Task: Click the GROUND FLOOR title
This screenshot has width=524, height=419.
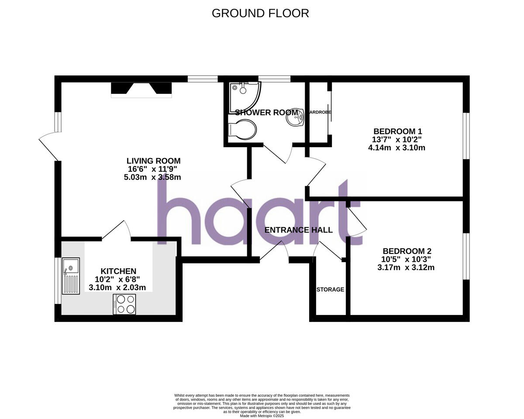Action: tap(260, 13)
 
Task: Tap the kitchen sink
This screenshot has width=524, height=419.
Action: tap(71, 275)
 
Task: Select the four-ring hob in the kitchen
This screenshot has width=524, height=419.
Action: tap(125, 304)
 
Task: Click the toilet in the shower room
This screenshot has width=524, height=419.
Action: tap(243, 129)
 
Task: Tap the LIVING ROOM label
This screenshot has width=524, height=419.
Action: tap(153, 161)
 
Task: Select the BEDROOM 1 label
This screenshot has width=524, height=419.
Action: tap(397, 131)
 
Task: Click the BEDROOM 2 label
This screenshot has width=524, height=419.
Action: tap(407, 251)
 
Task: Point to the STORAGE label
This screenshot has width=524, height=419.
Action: tap(330, 289)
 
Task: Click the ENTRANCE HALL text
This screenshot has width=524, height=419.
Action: tap(299, 230)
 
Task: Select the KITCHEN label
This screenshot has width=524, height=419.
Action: tap(118, 271)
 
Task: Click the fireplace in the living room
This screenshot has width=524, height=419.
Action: tap(141, 89)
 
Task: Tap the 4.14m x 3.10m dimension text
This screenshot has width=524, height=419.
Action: tap(396, 148)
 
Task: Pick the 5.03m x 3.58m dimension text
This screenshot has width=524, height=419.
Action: tap(152, 177)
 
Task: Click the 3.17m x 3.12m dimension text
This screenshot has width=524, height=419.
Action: tap(406, 267)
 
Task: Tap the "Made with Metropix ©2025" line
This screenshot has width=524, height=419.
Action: tap(262, 416)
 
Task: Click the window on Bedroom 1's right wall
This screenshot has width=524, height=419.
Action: tap(466, 136)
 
